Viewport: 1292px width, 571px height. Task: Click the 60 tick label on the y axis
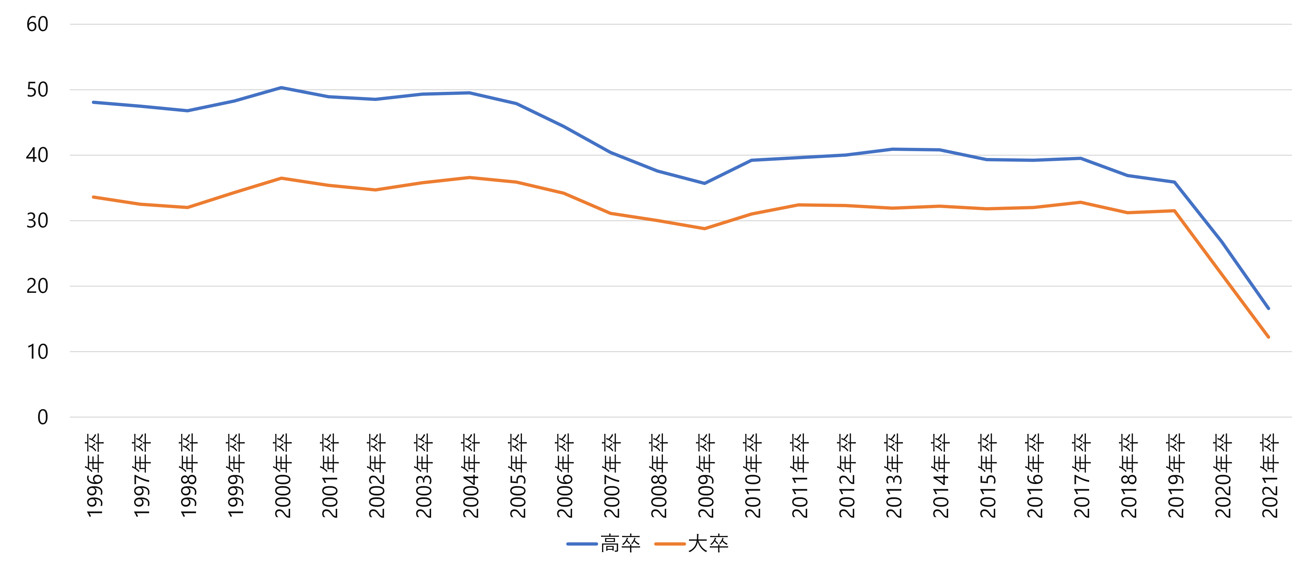tap(37, 24)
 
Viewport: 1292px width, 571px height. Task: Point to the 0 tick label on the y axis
tap(43, 417)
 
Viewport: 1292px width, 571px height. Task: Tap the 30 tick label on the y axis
tap(37, 221)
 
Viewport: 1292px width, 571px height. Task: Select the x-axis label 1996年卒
tap(94, 475)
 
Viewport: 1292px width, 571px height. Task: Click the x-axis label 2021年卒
tap(1270, 475)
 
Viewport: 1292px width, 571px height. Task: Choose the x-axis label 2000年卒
tap(282, 475)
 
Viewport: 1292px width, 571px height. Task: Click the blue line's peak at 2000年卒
tap(281, 88)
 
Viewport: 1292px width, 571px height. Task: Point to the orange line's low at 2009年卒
tap(704, 229)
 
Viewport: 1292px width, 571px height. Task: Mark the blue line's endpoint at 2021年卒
tap(1269, 308)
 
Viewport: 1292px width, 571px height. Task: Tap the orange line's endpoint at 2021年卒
tap(1269, 337)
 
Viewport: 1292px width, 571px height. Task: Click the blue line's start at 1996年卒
tap(93, 102)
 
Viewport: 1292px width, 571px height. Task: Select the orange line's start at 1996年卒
tap(93, 197)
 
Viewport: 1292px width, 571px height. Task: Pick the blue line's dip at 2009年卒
tap(704, 183)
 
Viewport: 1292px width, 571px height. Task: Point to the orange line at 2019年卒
tap(1174, 211)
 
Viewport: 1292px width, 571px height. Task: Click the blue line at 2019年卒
tap(1174, 182)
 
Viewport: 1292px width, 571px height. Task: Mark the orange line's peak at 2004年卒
tap(470, 178)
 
